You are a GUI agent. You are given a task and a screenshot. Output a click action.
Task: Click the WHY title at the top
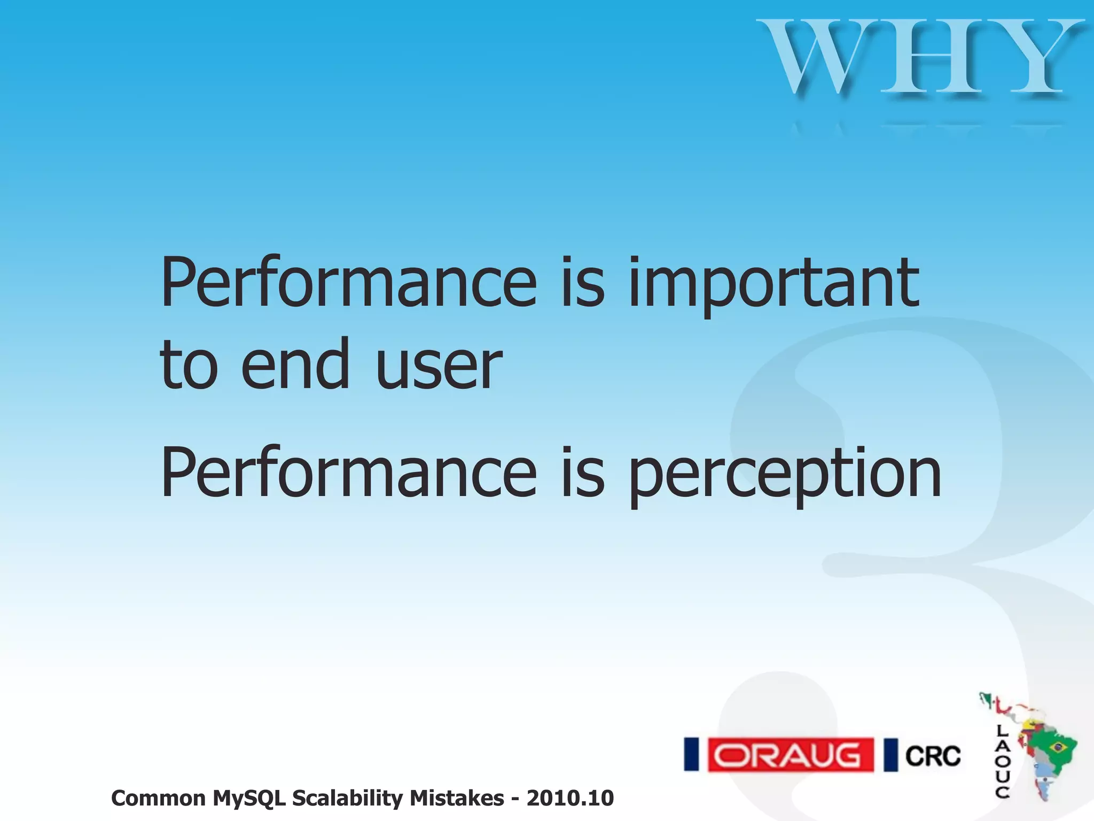pyautogui.click(x=921, y=58)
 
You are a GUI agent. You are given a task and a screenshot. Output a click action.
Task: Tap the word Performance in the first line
pyautogui.click(x=348, y=283)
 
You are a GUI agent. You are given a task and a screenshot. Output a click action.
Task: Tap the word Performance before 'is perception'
pyautogui.click(x=348, y=473)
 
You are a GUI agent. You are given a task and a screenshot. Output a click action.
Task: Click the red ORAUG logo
pyautogui.click(x=791, y=755)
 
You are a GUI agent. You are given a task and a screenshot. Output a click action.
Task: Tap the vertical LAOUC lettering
pyautogui.click(x=1002, y=762)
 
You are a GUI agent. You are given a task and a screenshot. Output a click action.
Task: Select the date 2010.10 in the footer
pyautogui.click(x=570, y=798)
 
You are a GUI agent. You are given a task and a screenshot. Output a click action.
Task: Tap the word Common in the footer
pyautogui.click(x=158, y=798)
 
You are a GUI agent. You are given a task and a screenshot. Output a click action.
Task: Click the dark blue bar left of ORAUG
pyautogui.click(x=692, y=755)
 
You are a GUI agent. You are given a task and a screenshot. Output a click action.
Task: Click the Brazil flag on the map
pyautogui.click(x=1056, y=746)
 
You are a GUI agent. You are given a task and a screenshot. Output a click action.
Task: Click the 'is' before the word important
pyautogui.click(x=582, y=283)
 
